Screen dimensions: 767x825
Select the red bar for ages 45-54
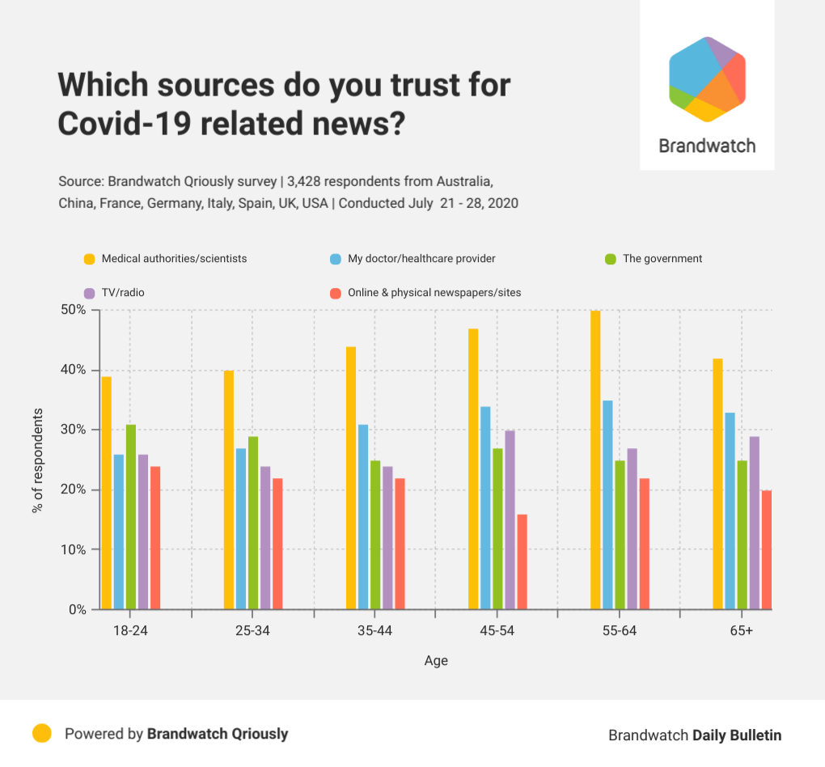[x=522, y=561]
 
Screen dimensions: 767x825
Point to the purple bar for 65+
[x=755, y=523]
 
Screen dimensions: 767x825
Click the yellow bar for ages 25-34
[x=229, y=489]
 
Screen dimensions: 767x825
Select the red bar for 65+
[x=767, y=549]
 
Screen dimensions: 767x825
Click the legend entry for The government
[x=662, y=259]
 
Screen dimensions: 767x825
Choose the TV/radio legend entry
[x=123, y=292]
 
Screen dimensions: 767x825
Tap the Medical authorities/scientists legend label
[x=174, y=259]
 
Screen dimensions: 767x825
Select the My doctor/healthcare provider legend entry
[x=421, y=259]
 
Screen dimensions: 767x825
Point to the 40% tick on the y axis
[x=76, y=370]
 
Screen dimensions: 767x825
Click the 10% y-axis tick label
[x=76, y=549]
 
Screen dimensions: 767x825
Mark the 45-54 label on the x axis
[x=497, y=631]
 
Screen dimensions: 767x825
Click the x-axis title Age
[x=436, y=661]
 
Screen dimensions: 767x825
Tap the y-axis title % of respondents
[x=37, y=460]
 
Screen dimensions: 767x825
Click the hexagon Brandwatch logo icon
[x=707, y=79]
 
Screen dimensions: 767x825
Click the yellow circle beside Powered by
[x=42, y=734]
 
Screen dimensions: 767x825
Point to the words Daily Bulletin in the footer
[x=737, y=735]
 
